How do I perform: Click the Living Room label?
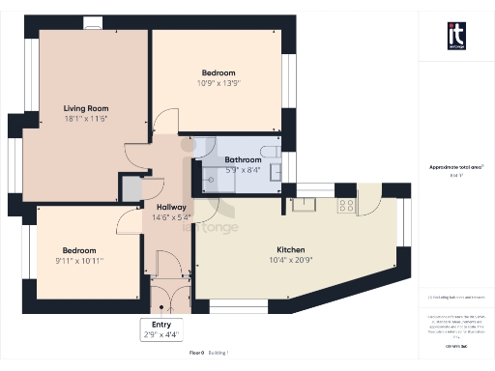(85, 107)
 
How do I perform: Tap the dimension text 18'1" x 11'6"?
(85, 118)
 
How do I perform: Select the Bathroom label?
(242, 159)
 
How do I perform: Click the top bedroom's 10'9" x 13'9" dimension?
(218, 84)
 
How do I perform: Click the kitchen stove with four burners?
(344, 205)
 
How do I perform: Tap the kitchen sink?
(303, 203)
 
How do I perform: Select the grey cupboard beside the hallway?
(130, 186)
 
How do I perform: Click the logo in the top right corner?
(456, 35)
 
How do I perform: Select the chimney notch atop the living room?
(93, 23)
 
